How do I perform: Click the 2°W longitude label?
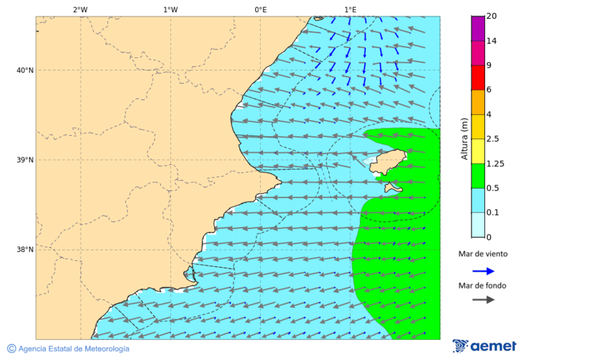(x=80, y=9)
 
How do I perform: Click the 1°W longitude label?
(x=170, y=9)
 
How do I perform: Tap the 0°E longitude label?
(x=260, y=9)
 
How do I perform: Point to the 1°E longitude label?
(x=350, y=9)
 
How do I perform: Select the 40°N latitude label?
(x=24, y=70)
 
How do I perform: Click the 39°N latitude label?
(x=24, y=160)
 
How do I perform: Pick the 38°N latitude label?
(x=24, y=250)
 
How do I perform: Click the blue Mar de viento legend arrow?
(x=483, y=271)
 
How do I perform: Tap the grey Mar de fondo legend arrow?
(x=483, y=300)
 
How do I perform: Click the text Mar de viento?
(x=482, y=254)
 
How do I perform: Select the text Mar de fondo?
(x=482, y=285)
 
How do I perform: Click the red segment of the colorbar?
(x=478, y=78)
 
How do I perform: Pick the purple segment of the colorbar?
(x=478, y=28)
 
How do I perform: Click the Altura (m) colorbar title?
(x=464, y=138)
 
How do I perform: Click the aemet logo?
(x=484, y=346)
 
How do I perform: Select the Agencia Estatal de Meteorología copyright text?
(x=68, y=349)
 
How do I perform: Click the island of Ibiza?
(x=390, y=162)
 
